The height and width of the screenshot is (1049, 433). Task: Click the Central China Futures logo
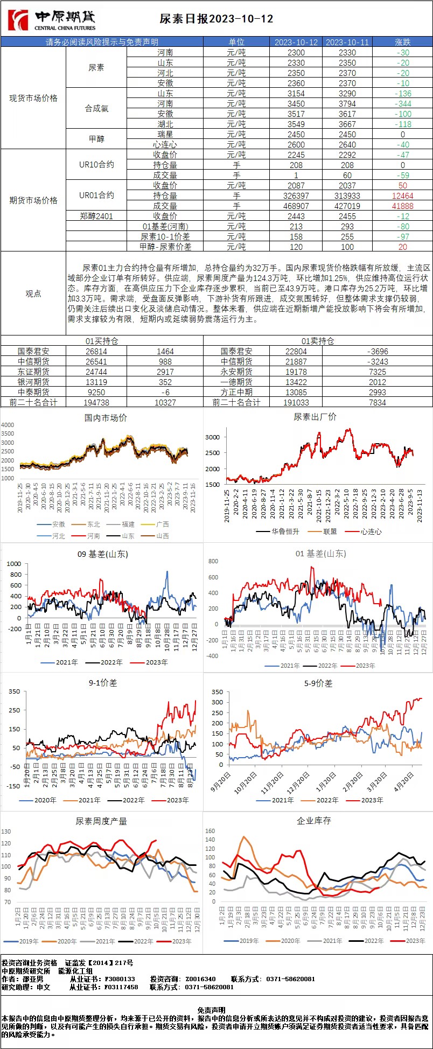[53, 20]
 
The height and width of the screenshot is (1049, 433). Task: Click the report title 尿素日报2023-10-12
[216, 19]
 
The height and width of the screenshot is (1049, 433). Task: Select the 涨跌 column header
[402, 42]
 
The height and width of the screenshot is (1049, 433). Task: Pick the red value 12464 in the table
[402, 195]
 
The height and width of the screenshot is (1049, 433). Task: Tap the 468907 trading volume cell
[296, 206]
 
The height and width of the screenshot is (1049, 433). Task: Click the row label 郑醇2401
[96, 216]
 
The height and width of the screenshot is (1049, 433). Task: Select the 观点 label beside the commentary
[33, 293]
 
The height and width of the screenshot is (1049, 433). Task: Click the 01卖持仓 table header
[318, 341]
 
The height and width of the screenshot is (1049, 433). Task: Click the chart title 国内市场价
[106, 417]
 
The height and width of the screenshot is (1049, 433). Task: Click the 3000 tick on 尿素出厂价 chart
[212, 437]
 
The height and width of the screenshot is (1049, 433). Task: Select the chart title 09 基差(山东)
[103, 554]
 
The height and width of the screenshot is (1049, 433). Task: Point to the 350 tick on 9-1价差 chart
[14, 691]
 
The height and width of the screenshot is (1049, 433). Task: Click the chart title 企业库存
[314, 821]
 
